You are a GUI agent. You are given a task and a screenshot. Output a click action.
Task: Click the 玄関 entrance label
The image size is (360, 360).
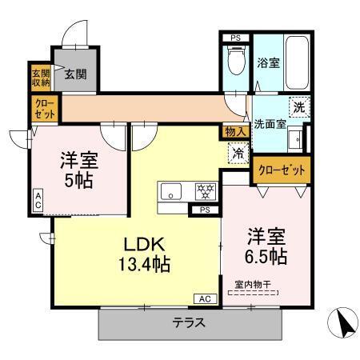(x=75, y=74)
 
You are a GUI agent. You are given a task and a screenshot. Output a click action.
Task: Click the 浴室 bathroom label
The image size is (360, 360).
(x=268, y=62)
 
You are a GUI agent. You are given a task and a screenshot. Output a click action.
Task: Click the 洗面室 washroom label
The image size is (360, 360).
(x=270, y=125)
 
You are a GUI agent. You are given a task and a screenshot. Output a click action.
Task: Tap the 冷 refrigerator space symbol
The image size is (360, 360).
(x=238, y=151)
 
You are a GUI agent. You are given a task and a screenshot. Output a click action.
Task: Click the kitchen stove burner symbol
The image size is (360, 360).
(x=206, y=191)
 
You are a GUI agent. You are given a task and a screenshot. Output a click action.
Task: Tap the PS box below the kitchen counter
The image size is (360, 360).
(x=205, y=210)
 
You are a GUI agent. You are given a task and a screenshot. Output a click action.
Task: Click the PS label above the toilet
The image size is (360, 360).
(x=235, y=38)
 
